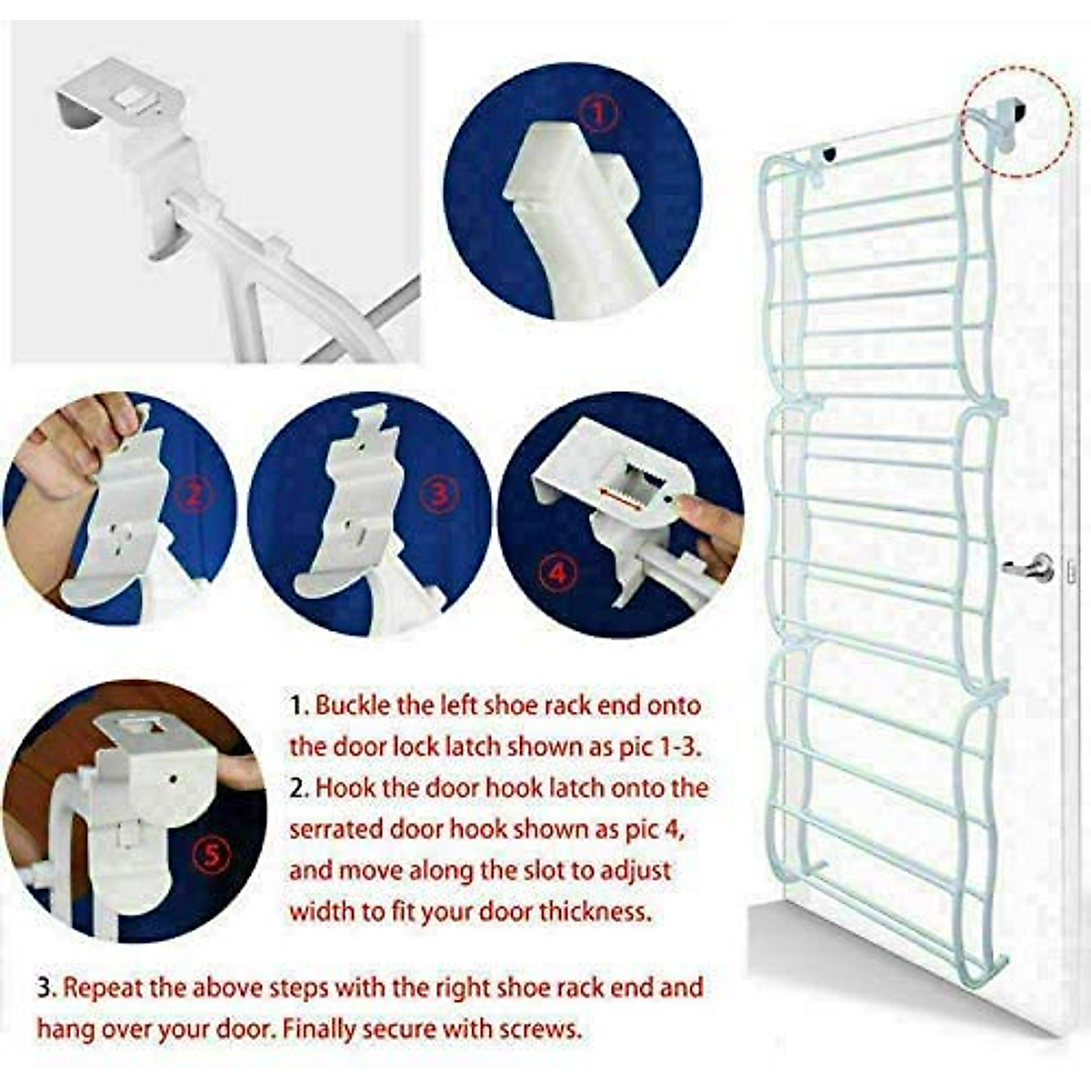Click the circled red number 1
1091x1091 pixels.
coord(597,115)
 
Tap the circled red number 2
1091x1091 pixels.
coord(193,495)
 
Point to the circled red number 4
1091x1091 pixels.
coord(557,574)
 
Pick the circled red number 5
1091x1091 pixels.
coord(211,856)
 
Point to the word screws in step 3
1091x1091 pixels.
coord(539,1029)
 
